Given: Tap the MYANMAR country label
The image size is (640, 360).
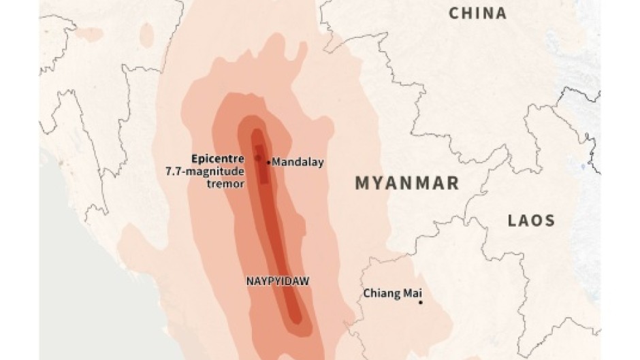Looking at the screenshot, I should coord(407,183).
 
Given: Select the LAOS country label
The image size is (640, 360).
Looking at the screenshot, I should coord(531,220).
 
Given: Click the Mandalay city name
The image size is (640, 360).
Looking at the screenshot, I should coord(298,162).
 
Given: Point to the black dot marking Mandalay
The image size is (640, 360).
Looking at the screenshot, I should coord(268,162).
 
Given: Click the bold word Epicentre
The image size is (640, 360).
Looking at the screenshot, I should coord(217,158).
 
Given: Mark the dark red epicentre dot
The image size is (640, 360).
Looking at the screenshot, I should coord(258,158).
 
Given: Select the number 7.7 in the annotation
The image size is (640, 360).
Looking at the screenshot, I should coord(174,171).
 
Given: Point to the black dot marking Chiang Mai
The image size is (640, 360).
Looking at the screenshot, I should coord(420,303).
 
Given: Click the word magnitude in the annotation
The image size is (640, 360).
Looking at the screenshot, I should coord(214,171).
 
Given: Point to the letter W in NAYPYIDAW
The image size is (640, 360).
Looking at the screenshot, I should coord(304,279).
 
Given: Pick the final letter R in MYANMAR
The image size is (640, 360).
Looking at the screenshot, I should coord(453,183).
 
